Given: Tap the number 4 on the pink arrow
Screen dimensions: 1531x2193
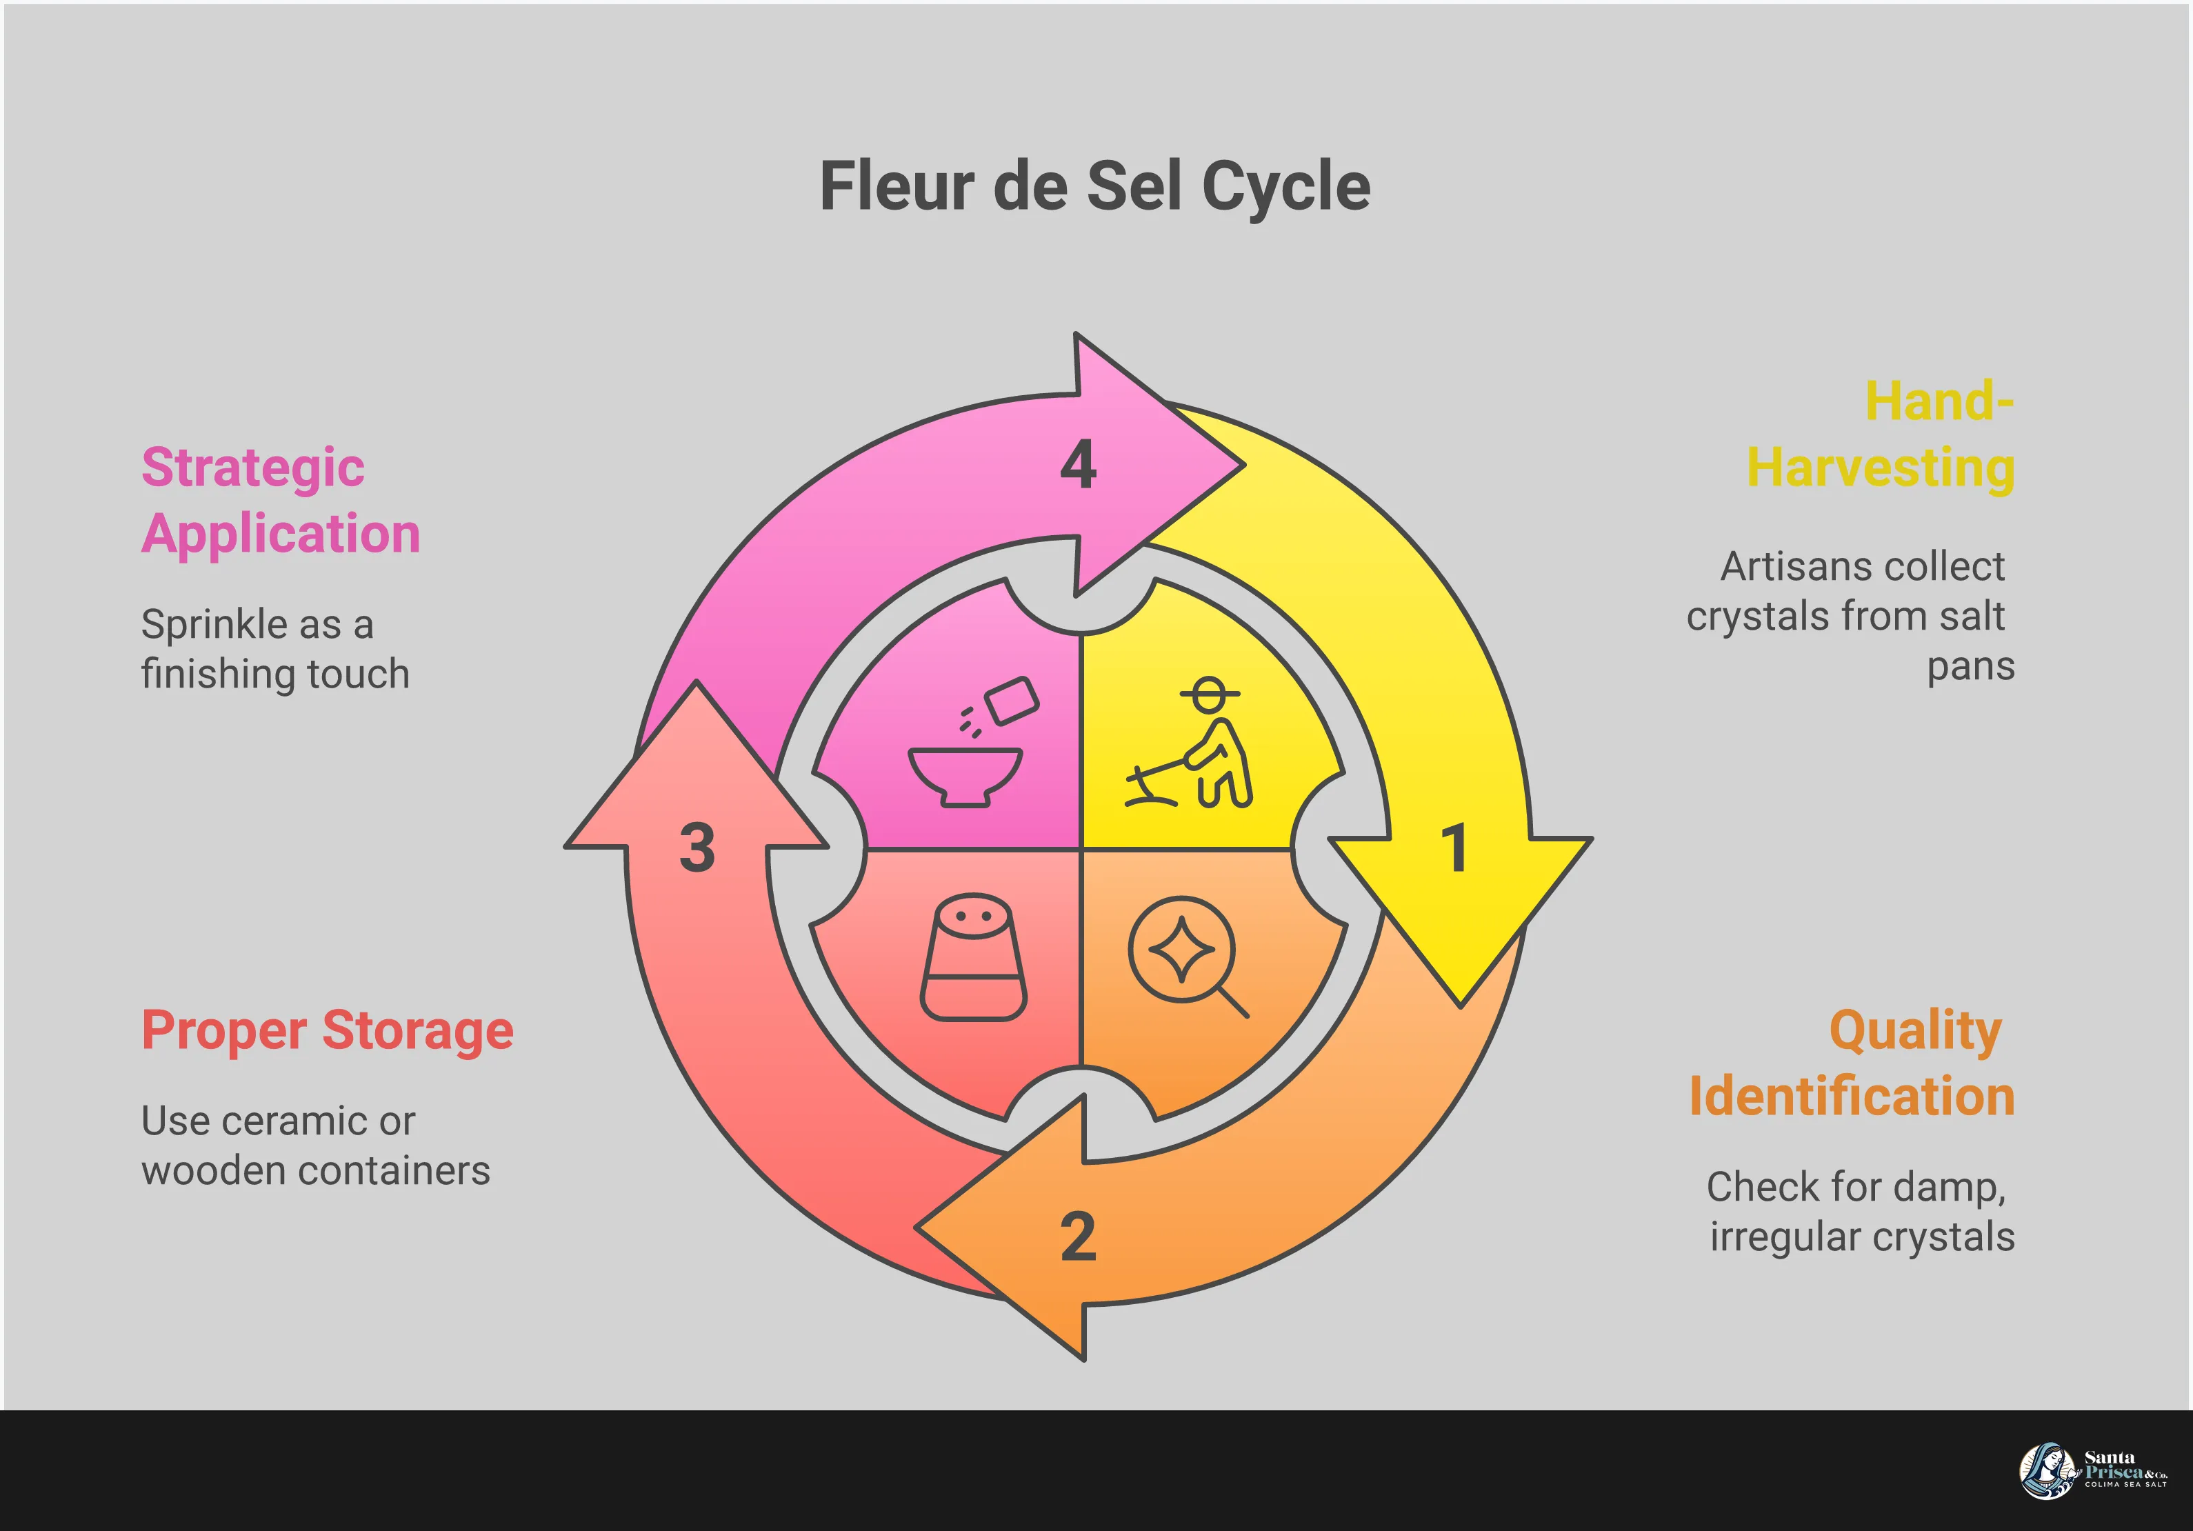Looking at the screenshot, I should click(x=1079, y=465).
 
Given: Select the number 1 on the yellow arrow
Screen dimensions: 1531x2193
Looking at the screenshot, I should click(x=1454, y=848).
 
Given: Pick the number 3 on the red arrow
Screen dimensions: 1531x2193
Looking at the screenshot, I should click(x=697, y=848).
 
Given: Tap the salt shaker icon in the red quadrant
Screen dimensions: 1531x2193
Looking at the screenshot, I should click(x=973, y=957).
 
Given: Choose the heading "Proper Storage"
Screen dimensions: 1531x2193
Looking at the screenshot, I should click(x=328, y=1030).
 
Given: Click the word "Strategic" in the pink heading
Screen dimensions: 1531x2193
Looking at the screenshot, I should click(x=253, y=468).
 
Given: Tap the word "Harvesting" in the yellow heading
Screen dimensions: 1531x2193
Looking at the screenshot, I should click(x=1881, y=468).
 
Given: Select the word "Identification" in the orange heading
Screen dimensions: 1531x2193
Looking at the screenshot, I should click(x=1852, y=1095).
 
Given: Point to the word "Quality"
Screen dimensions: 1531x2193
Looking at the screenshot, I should click(x=1914, y=1030).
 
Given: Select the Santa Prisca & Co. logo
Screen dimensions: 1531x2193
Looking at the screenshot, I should click(x=2092, y=1471).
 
